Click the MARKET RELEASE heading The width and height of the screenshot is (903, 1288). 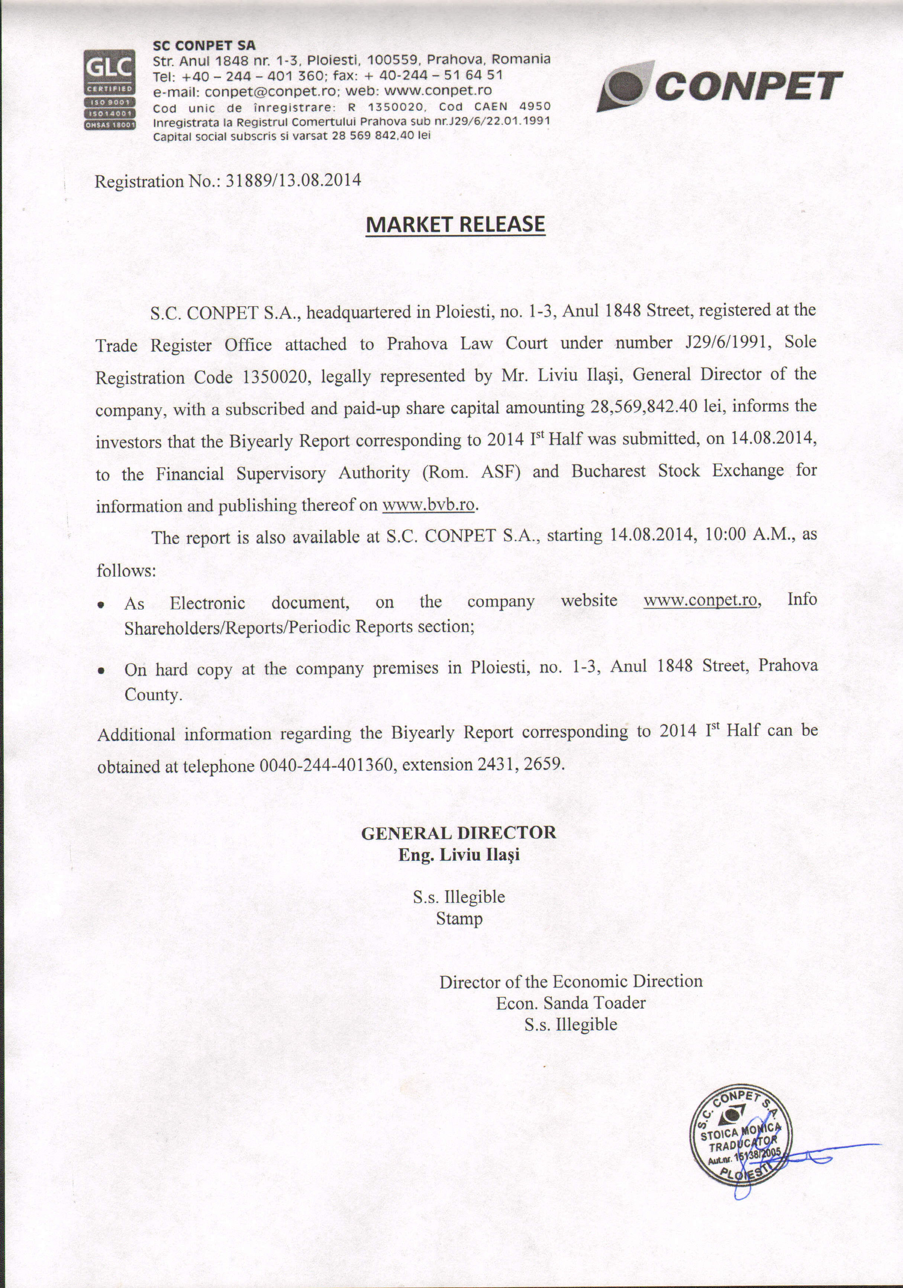click(x=455, y=224)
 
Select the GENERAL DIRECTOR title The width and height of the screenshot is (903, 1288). click(x=458, y=833)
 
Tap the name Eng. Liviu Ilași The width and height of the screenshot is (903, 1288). click(x=458, y=855)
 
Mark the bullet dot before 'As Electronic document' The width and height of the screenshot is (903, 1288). click(x=101, y=605)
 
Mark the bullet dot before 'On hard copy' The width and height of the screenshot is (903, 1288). click(x=101, y=671)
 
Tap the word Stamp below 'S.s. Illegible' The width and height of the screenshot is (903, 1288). click(x=459, y=919)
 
